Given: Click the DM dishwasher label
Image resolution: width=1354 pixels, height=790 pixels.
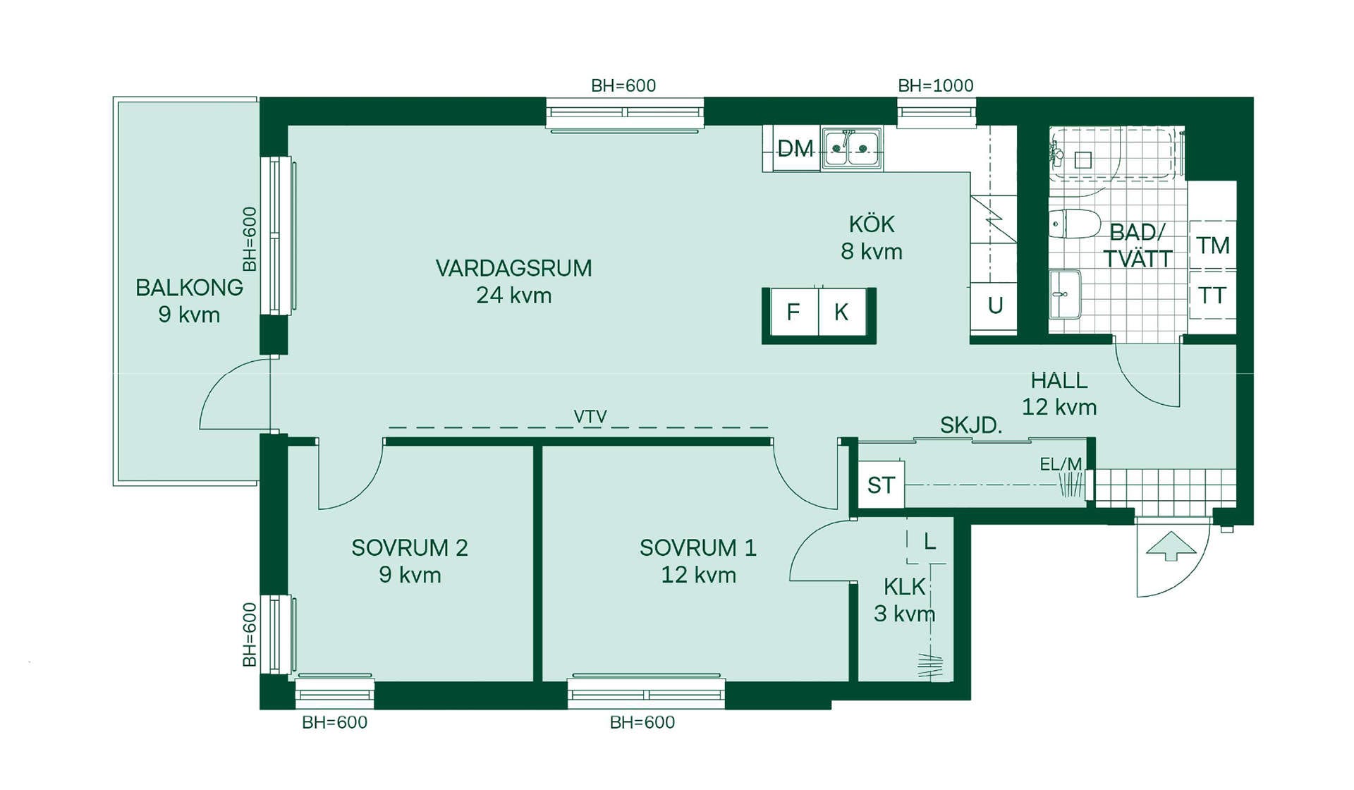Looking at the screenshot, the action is point(795,149).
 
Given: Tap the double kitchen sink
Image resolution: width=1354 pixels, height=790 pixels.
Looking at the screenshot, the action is point(851,149).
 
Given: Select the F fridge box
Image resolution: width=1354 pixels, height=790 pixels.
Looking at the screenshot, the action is point(794,312).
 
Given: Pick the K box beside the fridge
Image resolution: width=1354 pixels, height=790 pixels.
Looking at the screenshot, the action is point(842,312).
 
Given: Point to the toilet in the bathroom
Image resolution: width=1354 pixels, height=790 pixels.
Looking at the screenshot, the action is point(1074,224).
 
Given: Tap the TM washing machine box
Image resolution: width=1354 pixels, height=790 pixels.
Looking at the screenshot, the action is point(1213,245).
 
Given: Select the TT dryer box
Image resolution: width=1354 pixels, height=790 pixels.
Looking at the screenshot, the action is point(1213,295).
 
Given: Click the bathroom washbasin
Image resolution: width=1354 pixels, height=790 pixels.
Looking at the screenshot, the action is point(1065,294).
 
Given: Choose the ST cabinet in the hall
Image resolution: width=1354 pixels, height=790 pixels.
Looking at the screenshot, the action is point(881,485).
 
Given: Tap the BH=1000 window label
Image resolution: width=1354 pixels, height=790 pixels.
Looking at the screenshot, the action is point(935,85).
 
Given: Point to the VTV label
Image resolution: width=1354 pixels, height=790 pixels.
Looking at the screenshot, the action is point(590,417).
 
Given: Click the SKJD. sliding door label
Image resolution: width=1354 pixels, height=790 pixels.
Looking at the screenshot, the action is point(971,425).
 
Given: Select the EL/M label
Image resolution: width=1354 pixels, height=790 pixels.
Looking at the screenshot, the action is point(1061,464).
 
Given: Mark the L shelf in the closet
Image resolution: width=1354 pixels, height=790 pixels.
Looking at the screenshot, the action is point(929,542).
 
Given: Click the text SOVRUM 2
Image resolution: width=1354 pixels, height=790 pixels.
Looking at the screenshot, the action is point(410,548).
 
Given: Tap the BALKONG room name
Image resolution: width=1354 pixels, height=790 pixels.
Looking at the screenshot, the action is point(189,288).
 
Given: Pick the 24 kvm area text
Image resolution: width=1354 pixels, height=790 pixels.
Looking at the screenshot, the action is point(514,295).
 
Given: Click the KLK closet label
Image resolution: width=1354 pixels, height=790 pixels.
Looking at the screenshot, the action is point(905,587).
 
